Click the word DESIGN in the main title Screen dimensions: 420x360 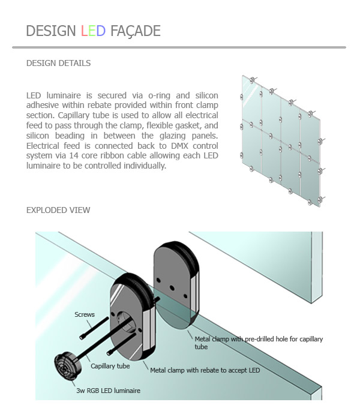pos(51,31)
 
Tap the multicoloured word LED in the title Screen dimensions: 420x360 pos(93,31)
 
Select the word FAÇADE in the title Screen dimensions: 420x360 pos(135,31)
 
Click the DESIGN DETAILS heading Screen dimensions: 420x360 pos(59,63)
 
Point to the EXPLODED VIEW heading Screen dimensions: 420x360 pos(58,210)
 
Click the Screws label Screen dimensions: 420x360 pos(85,314)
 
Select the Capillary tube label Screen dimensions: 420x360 pos(110,365)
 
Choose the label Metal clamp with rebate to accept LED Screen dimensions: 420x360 pos(205,370)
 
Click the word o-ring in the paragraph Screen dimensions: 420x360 pos(158,95)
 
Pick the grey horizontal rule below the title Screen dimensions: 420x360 pos(179,47)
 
